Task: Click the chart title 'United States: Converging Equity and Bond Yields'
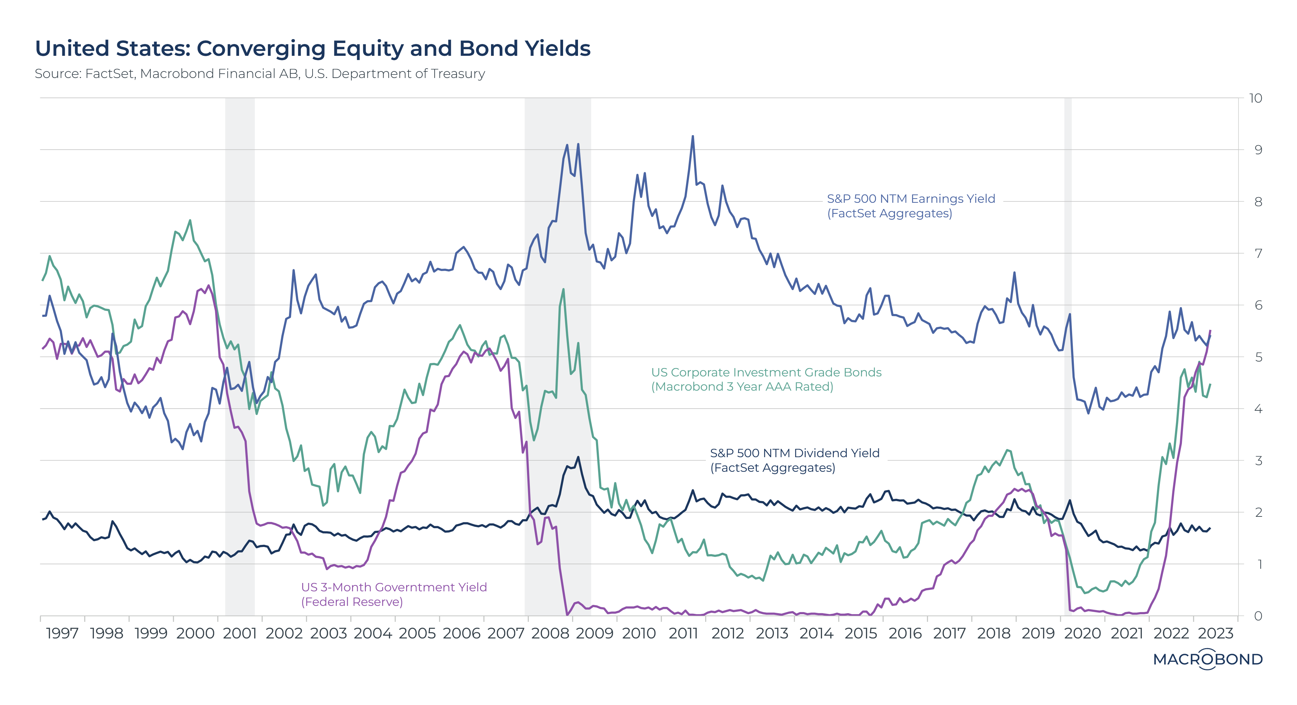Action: (x=312, y=49)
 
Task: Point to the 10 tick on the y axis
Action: (x=1256, y=98)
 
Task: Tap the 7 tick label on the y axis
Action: (x=1258, y=253)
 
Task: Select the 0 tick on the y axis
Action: (x=1258, y=616)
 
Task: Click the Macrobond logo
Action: (x=1207, y=659)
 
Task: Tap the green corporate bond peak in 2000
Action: (x=190, y=220)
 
